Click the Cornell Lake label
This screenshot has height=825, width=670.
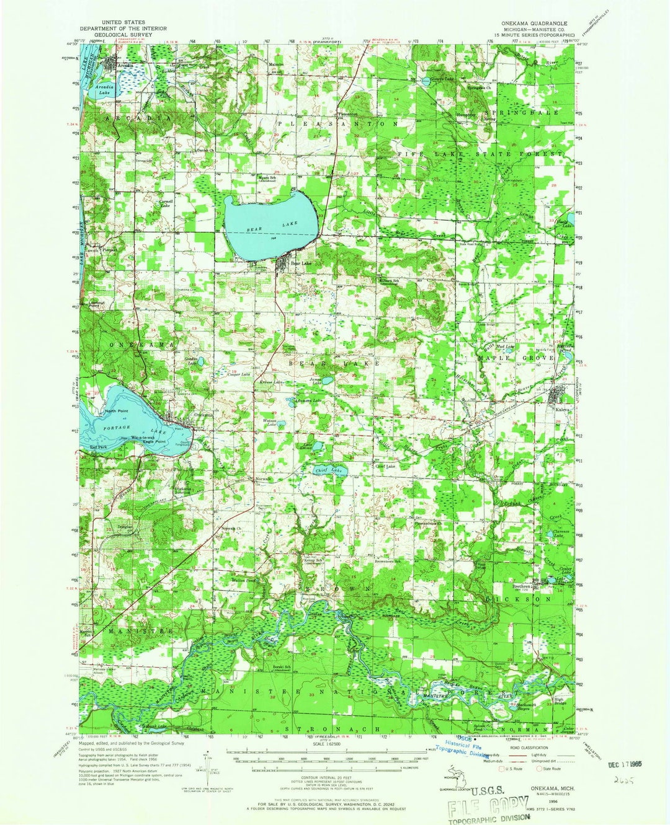click(166, 203)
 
